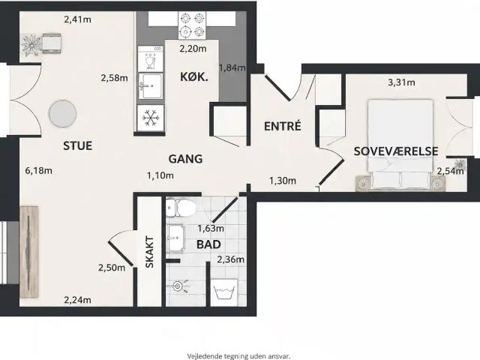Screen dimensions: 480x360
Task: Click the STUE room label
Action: [77, 145]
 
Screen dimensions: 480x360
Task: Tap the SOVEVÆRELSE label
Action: [396, 151]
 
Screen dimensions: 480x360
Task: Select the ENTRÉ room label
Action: [283, 126]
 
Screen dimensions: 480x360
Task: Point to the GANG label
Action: [185, 159]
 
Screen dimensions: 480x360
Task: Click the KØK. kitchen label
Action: [194, 76]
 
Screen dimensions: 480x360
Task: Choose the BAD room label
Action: [208, 244]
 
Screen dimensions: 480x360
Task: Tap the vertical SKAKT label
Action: [149, 252]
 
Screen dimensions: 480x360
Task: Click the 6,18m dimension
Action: [38, 170]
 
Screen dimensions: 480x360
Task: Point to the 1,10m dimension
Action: [160, 175]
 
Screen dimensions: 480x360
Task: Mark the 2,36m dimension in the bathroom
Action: [231, 259]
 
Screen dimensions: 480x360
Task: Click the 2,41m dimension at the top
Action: [77, 19]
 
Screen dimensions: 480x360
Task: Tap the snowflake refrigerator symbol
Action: [151, 118]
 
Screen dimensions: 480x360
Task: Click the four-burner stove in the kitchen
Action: [192, 25]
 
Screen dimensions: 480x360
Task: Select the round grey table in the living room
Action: [62, 113]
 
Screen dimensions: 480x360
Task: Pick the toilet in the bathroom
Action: [181, 207]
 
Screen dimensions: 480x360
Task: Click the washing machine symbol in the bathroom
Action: [224, 292]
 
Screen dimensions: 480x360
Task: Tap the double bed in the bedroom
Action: [400, 144]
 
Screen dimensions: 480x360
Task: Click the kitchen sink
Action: [150, 86]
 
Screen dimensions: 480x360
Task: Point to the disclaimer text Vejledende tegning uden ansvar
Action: [238, 356]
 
